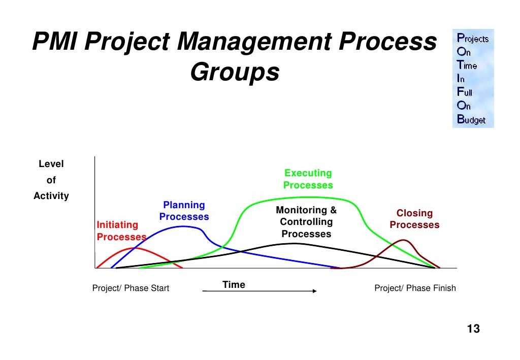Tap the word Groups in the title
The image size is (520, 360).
[x=235, y=72]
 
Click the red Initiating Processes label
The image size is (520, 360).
[x=121, y=231]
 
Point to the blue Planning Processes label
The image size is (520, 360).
[x=184, y=211]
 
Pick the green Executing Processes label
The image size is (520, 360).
[x=308, y=179]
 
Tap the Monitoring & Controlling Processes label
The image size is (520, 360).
[x=306, y=222]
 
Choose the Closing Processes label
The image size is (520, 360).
[x=414, y=219]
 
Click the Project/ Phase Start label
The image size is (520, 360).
[x=131, y=288]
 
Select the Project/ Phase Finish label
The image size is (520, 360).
[x=415, y=288]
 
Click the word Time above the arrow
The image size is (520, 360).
[x=234, y=285]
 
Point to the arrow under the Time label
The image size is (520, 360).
[x=259, y=291]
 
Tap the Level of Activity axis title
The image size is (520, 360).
[x=51, y=180]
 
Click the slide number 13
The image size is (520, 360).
[x=473, y=329]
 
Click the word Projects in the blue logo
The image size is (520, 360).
[x=473, y=38]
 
